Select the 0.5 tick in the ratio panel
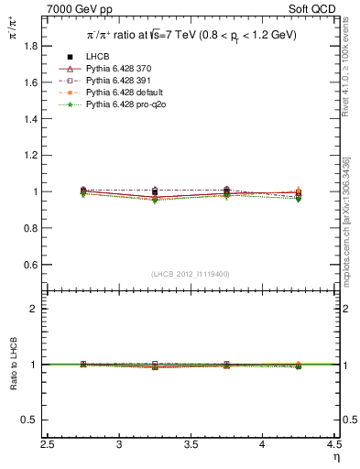(x=33, y=420)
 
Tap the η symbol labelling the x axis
(x=335, y=458)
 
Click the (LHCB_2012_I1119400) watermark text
(x=191, y=274)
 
